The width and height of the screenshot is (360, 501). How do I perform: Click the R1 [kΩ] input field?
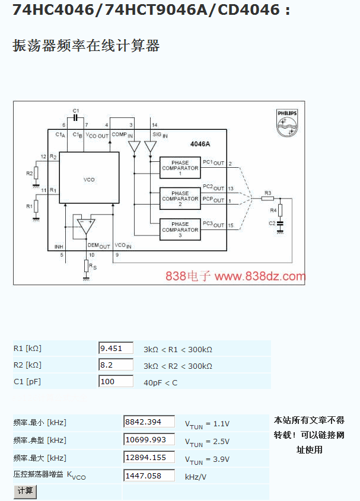115,348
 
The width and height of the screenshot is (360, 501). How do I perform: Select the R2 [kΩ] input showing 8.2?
115,365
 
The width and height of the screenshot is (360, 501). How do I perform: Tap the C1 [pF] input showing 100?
115,381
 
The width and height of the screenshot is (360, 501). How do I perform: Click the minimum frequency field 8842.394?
149,422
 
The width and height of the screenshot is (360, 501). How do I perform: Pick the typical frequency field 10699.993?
149,439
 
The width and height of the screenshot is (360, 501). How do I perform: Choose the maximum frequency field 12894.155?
149,457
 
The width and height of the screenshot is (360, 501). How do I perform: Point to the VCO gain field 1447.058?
149,475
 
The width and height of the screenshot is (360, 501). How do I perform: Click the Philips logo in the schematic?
287,121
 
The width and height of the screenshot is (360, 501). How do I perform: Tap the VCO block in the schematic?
89,178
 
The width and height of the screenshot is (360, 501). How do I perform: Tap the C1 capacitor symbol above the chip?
75,117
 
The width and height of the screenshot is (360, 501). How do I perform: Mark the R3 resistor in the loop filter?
267,198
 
